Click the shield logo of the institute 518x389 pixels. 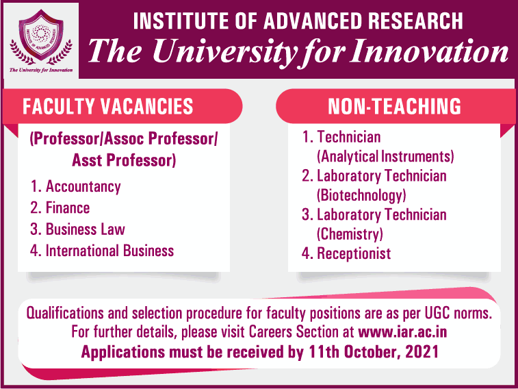[41, 36]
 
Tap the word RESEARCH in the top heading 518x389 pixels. [415, 21]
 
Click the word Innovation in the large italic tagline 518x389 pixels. [430, 51]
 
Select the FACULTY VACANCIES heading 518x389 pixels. [107, 106]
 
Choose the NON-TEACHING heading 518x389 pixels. [394, 106]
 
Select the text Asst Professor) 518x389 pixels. [124, 160]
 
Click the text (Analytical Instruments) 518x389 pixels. [385, 156]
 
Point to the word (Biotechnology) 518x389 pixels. [361, 195]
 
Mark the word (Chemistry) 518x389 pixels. [350, 234]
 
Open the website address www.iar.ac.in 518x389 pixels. [402, 332]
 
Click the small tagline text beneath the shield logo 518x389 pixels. [41, 70]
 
